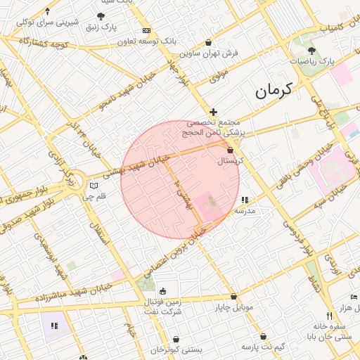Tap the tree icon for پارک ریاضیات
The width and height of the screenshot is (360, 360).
pyautogui.click(x=311, y=51)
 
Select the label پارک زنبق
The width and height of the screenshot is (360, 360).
pyautogui.click(x=101, y=27)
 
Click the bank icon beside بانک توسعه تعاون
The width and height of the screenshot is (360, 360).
pyautogui.click(x=146, y=31)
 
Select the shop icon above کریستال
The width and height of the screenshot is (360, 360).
pyautogui.click(x=231, y=150)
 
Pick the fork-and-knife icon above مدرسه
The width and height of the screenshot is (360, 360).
pyautogui.click(x=245, y=200)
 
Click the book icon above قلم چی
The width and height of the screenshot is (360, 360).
pyautogui.click(x=94, y=186)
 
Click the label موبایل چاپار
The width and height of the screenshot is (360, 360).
pyautogui.click(x=233, y=308)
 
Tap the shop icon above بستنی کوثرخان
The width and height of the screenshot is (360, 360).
pyautogui.click(x=176, y=339)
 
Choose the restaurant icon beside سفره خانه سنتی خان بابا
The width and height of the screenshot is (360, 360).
pyautogui.click(x=328, y=316)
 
